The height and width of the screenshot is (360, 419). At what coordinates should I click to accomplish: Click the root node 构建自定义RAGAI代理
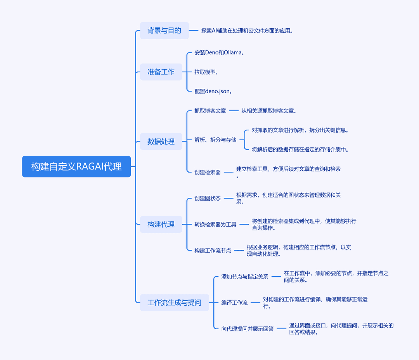tap(76, 166)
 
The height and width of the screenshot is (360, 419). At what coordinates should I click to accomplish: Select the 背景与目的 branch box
tap(164, 31)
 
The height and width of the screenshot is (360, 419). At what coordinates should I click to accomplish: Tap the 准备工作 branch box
tap(161, 72)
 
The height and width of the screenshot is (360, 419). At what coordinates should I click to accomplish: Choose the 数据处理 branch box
tap(161, 141)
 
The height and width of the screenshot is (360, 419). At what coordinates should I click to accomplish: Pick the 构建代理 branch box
tap(161, 224)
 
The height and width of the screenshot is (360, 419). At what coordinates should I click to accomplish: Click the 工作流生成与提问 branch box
tap(175, 303)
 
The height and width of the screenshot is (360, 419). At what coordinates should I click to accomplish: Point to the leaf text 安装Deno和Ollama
tap(219, 53)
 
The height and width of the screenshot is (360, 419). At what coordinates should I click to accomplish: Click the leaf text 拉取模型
tap(206, 72)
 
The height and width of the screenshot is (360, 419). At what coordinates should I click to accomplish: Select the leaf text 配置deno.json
tap(213, 92)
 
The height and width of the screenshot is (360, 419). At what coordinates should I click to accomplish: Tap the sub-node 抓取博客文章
tap(210, 111)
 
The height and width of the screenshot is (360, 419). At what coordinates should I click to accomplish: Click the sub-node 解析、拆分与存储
tap(215, 140)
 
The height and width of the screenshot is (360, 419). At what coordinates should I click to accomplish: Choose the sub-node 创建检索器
tap(207, 172)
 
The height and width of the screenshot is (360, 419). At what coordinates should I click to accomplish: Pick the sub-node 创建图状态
tap(207, 198)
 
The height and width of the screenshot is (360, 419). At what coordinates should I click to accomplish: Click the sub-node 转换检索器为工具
tap(215, 225)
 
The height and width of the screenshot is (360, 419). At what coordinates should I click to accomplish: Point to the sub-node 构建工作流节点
tap(213, 251)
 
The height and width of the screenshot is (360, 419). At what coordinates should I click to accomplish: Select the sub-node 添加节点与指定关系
tap(245, 277)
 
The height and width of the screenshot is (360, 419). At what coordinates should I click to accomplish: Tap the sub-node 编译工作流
tap(234, 303)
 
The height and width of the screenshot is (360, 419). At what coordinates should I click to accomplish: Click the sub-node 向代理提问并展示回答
tap(248, 329)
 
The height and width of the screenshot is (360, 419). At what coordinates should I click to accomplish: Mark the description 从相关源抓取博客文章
tap(269, 111)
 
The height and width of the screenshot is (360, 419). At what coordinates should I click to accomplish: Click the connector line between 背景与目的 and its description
tap(194, 31)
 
